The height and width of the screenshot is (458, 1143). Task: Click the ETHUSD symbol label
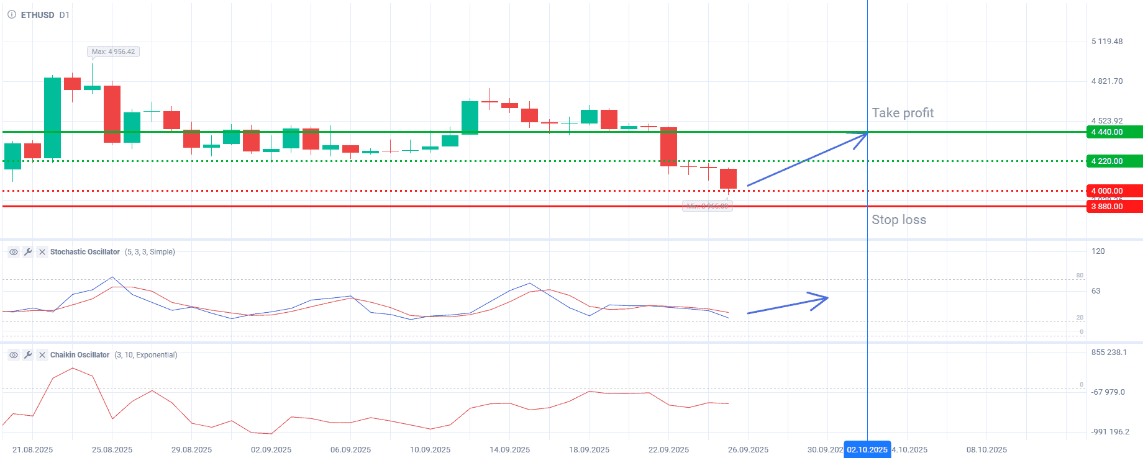tap(37, 15)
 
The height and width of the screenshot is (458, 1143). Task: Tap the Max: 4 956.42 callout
tap(113, 52)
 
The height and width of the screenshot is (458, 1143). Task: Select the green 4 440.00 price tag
tap(1114, 132)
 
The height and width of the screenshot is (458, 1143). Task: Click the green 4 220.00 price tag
tap(1114, 161)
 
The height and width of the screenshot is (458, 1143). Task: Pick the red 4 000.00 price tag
tap(1114, 191)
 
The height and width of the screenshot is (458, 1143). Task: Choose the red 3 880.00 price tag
tap(1114, 207)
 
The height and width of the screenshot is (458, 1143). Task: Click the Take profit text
tap(903, 113)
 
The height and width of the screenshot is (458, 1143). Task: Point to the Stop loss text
tap(899, 220)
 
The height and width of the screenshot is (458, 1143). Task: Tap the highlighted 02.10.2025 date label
tap(867, 450)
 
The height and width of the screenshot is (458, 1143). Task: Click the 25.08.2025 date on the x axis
tap(112, 450)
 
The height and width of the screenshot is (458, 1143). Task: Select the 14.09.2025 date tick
tap(509, 450)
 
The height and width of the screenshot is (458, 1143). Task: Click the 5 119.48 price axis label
tap(1107, 42)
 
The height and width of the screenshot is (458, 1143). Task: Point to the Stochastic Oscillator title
tap(85, 252)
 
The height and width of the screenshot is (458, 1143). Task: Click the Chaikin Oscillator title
tap(80, 355)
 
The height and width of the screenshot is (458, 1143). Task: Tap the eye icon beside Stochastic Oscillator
tap(13, 252)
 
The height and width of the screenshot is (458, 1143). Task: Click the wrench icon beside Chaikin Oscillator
tap(28, 355)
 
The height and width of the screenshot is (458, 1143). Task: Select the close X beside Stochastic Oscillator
tap(42, 252)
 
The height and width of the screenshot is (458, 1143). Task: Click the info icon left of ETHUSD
tap(12, 15)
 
